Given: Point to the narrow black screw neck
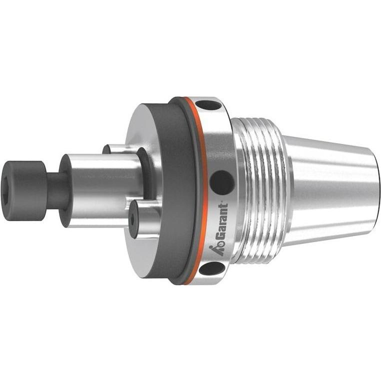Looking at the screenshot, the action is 54,191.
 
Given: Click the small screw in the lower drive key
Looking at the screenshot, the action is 133,218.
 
